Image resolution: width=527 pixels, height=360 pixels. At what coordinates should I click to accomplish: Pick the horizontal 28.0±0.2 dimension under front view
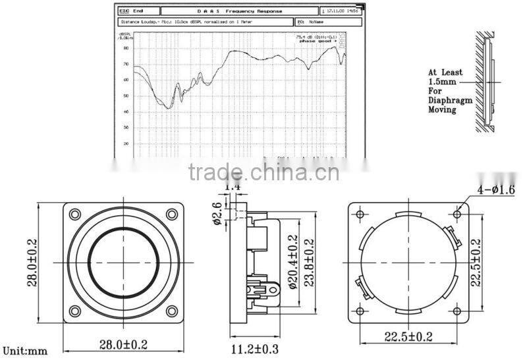[x=123, y=344]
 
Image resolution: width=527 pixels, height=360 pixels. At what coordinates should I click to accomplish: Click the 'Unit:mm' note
[x=25, y=351]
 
